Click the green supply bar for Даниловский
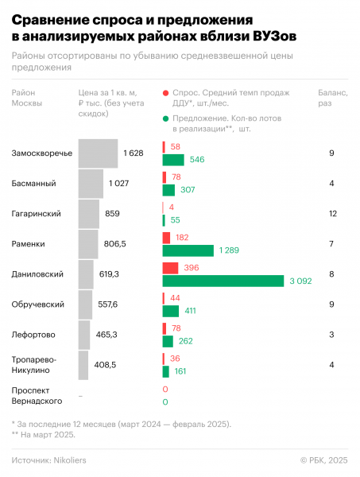pos(223,281)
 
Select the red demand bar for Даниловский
pos(170,268)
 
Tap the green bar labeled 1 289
pos(188,250)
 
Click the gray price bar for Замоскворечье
pos(99,153)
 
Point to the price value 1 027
pos(118,184)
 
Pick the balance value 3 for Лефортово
pos(331,335)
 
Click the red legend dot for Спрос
pos(165,94)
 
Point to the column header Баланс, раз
pos(331,99)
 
